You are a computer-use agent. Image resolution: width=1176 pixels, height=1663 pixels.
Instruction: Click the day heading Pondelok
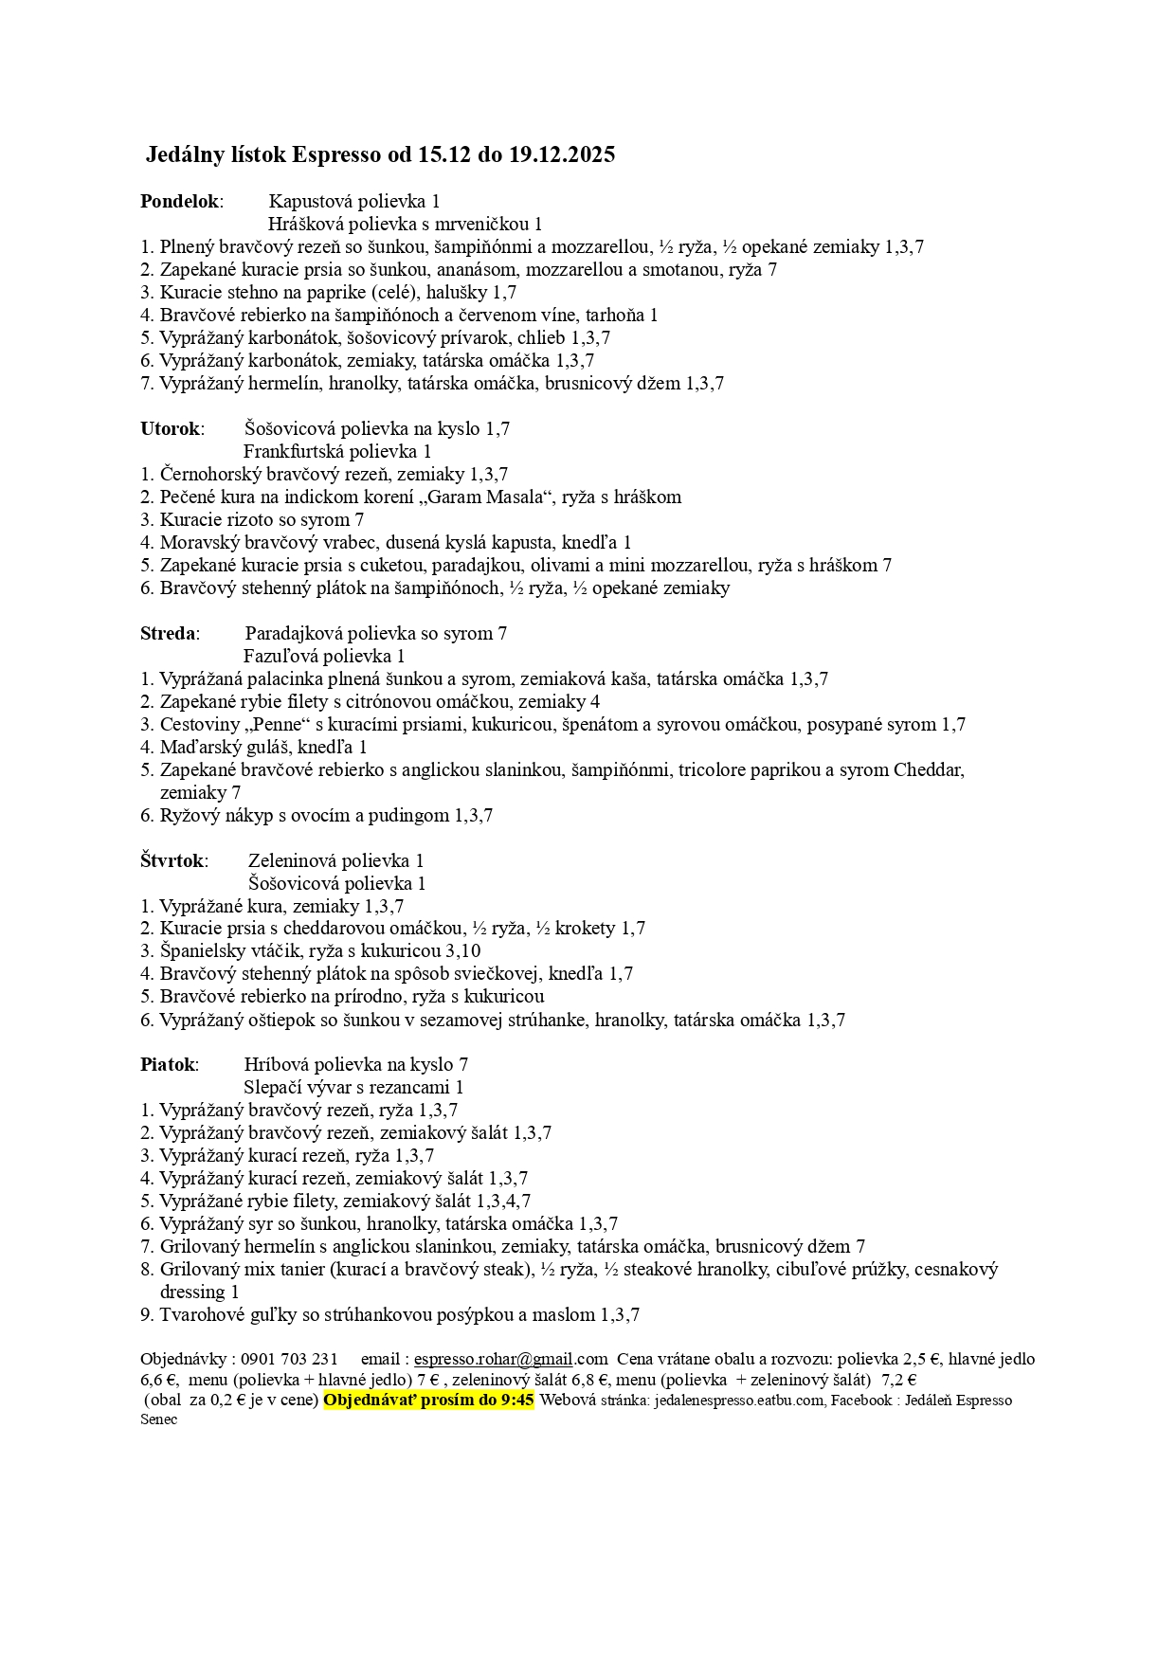(180, 201)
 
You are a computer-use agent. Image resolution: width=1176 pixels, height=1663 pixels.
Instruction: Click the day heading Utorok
(170, 428)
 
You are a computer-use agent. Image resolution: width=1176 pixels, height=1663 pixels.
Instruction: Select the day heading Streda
(168, 633)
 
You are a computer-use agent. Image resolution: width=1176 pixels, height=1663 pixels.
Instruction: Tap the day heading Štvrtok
(172, 860)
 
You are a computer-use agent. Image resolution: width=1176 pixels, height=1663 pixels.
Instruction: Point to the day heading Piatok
(168, 1064)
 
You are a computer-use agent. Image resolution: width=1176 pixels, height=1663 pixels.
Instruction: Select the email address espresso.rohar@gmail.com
(511, 1359)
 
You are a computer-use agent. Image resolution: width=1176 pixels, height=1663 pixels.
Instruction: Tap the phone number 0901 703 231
(289, 1359)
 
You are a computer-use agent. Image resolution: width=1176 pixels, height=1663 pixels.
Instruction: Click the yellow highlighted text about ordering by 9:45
(428, 1400)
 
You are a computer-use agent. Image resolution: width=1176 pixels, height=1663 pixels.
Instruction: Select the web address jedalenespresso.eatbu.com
(739, 1400)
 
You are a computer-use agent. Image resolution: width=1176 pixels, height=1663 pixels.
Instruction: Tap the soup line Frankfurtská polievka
(336, 451)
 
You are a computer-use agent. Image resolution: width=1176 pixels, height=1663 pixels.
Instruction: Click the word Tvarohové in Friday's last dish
(202, 1314)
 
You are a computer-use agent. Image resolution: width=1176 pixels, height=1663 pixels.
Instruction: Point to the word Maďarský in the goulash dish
(198, 747)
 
